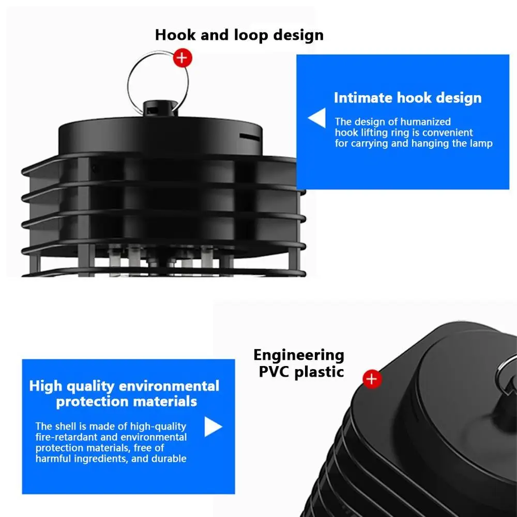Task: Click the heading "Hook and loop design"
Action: [239, 35]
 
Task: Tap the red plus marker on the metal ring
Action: [181, 58]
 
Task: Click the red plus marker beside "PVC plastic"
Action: [372, 379]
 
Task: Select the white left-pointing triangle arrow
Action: [317, 118]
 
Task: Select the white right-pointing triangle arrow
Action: [213, 427]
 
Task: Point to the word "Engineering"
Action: [299, 355]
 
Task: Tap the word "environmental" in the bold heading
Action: [169, 386]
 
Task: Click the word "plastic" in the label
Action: [319, 372]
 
